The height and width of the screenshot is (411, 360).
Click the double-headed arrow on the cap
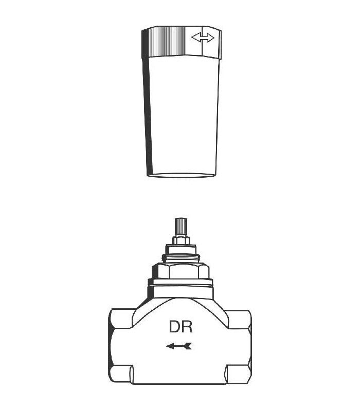pos(203,37)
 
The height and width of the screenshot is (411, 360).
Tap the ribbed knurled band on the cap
pos(168,42)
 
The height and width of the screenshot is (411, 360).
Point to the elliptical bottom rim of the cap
pos(182,175)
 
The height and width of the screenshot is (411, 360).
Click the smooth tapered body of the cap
pos(184,115)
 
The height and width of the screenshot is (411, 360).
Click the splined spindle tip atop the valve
pos(181,227)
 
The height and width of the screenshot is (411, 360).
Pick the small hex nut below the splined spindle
pos(181,240)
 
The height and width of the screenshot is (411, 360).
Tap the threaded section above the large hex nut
pos(181,259)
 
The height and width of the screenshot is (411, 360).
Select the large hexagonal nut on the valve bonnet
pos(181,271)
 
